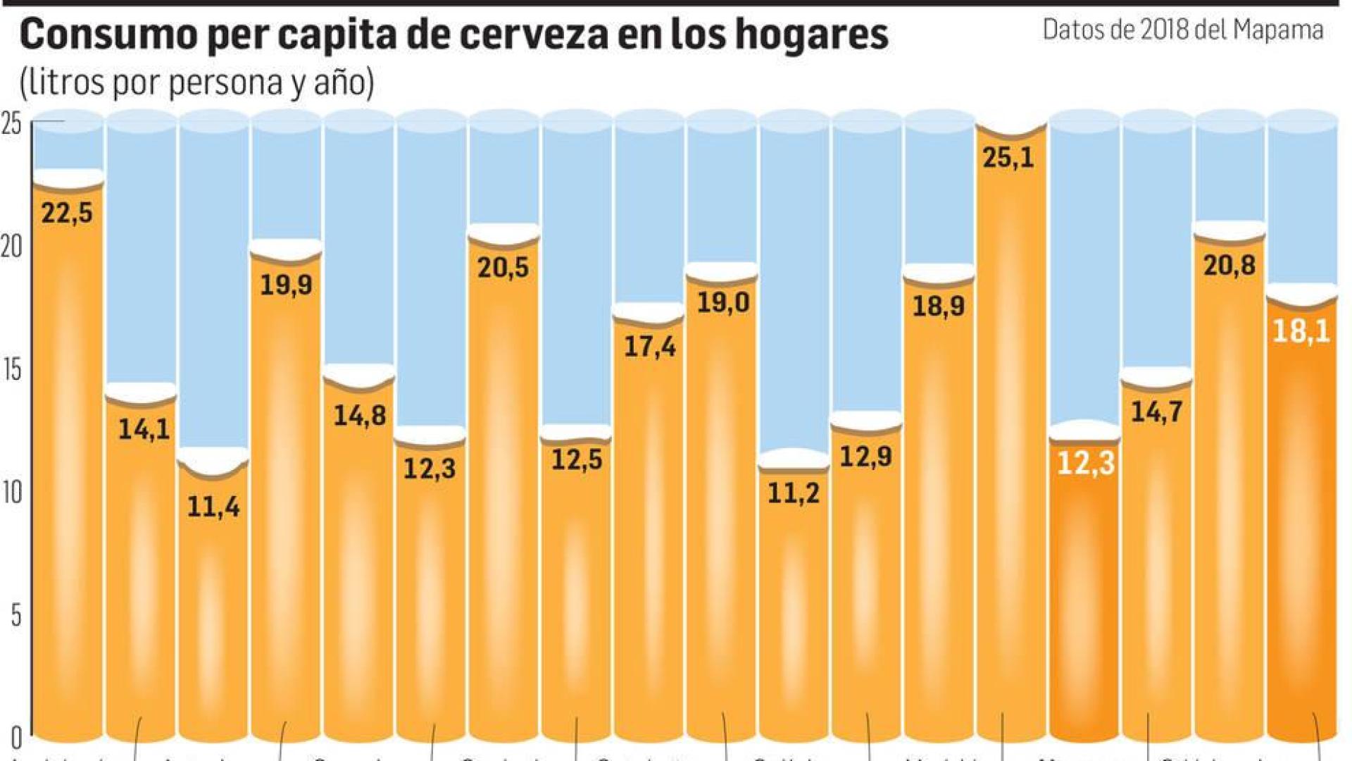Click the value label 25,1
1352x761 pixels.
click(1008, 158)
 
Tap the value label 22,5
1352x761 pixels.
click(67, 213)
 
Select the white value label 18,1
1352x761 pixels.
click(1301, 331)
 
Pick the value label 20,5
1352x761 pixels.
click(503, 268)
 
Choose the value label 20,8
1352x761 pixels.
click(1229, 266)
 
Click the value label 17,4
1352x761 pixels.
click(649, 347)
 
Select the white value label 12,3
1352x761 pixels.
click(1085, 464)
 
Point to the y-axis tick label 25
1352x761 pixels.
click(12, 125)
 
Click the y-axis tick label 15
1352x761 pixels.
click(12, 371)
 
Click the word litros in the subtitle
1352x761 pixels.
click(65, 82)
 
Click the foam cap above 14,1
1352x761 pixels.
click(141, 392)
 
